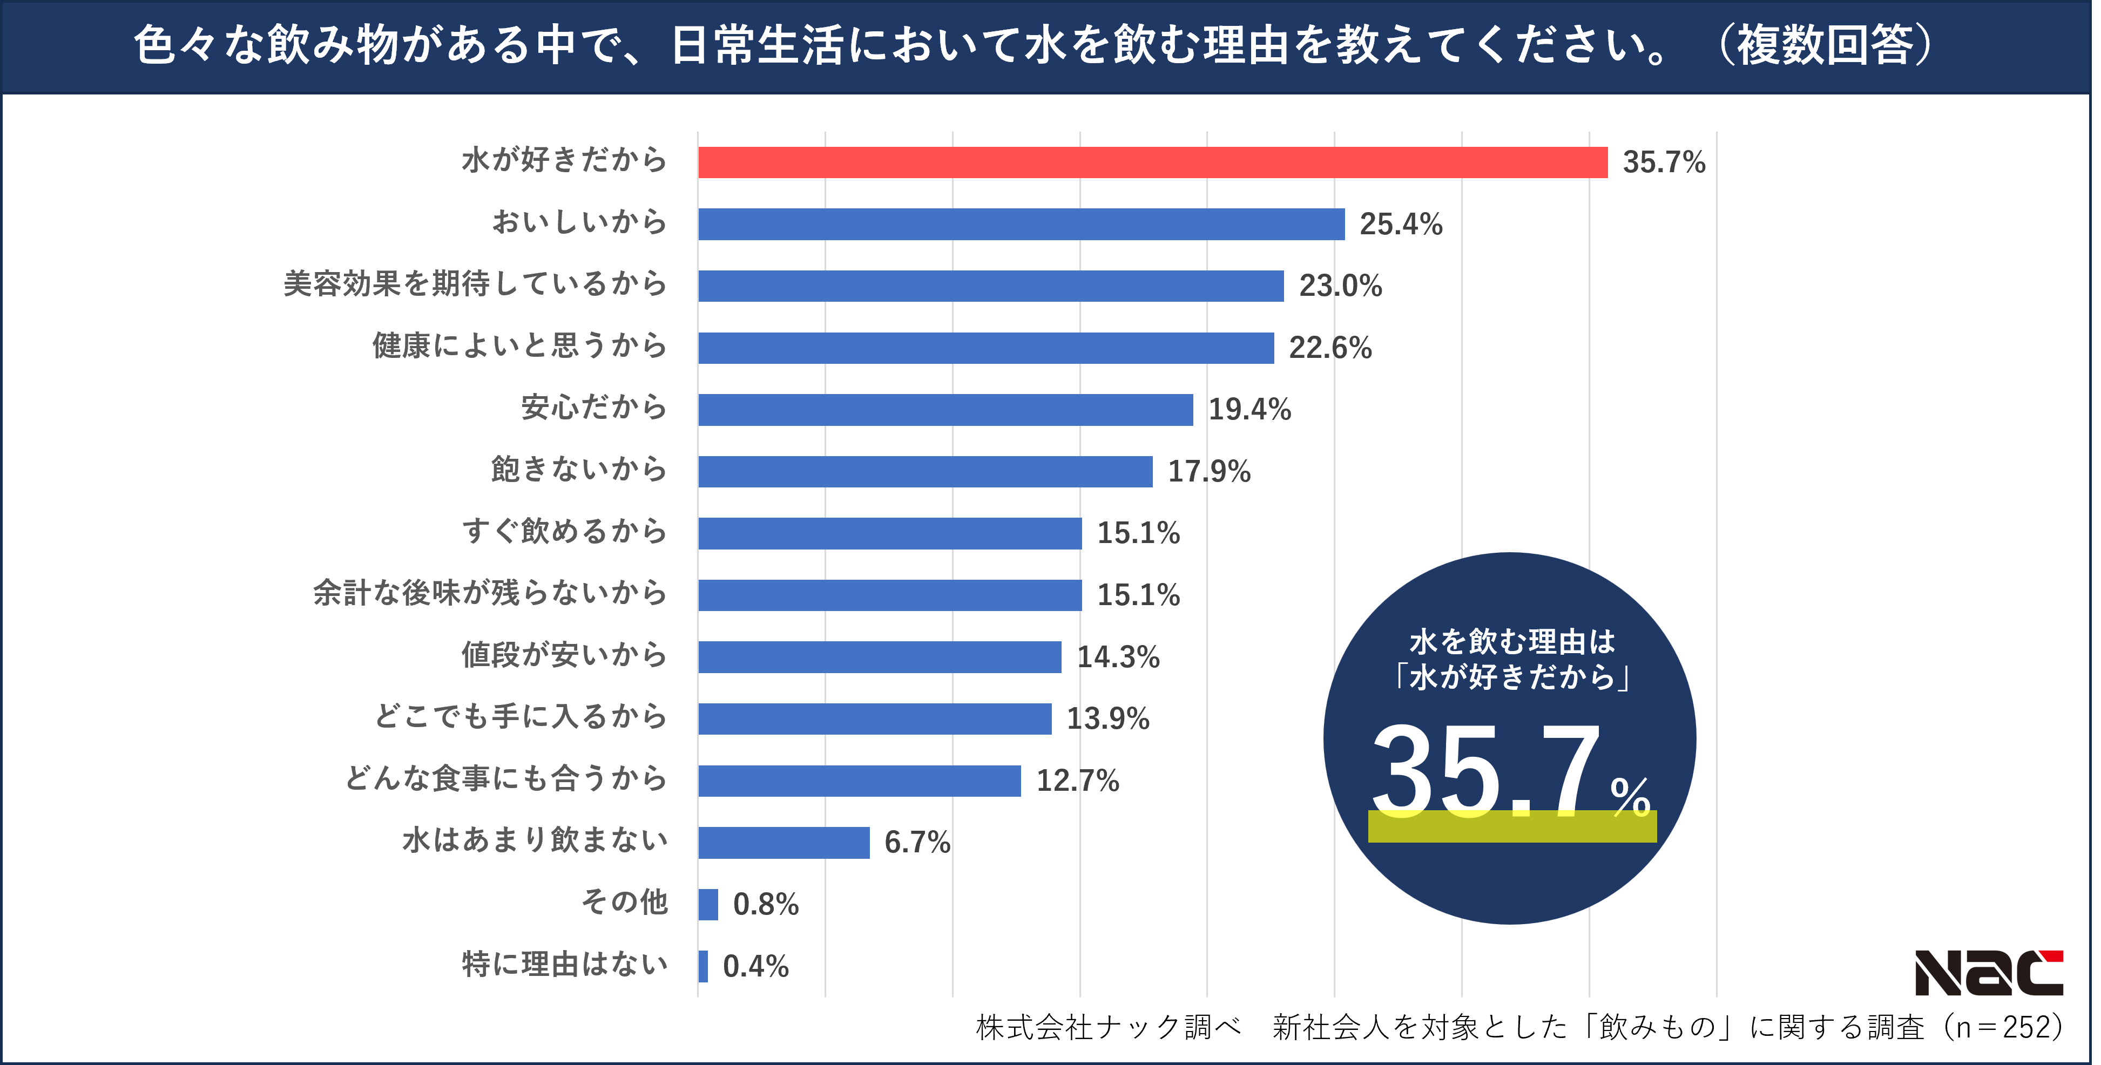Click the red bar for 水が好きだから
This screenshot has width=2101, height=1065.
1152,162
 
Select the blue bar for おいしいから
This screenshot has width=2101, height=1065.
1021,224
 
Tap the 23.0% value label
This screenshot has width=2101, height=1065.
1340,286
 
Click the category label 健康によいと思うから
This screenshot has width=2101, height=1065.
519,346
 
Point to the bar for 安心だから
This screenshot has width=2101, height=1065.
944,409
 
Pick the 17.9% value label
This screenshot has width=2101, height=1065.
1209,471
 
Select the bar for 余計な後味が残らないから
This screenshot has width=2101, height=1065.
889,595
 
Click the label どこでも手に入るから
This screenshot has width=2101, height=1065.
521,717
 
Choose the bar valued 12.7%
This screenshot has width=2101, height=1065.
859,781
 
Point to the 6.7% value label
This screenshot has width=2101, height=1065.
917,843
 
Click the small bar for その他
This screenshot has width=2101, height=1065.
708,904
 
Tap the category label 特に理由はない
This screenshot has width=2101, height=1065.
564,965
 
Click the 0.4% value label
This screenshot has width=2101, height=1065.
755,966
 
